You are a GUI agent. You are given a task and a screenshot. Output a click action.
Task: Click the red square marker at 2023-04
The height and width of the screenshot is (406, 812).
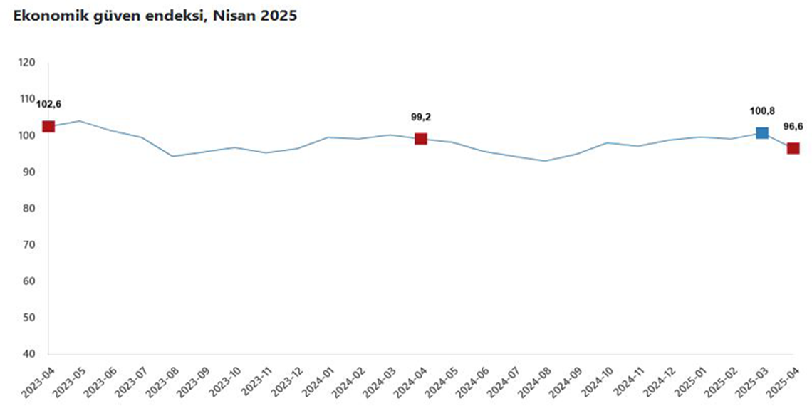(48, 126)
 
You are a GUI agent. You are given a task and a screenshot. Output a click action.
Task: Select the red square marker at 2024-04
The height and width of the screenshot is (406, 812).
(420, 139)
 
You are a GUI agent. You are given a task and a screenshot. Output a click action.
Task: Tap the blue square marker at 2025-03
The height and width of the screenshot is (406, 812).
(761, 133)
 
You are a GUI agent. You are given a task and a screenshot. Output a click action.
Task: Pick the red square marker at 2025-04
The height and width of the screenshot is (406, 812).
(793, 148)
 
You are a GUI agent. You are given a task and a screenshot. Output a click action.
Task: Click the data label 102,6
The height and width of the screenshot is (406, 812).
(48, 104)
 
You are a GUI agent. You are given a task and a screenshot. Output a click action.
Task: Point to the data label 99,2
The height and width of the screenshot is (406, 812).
(420, 117)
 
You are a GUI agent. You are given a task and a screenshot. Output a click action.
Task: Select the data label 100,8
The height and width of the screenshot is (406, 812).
(761, 110)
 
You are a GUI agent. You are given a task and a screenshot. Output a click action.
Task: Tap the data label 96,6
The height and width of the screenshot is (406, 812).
(793, 126)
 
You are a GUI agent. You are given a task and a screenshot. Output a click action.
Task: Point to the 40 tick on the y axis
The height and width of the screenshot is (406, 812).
(28, 354)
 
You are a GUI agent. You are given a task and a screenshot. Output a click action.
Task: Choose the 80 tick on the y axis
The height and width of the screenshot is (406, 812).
(28, 209)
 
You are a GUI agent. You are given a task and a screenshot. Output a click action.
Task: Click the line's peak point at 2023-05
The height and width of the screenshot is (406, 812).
(79, 120)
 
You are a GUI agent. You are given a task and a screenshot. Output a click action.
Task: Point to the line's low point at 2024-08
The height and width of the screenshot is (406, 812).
(545, 160)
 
